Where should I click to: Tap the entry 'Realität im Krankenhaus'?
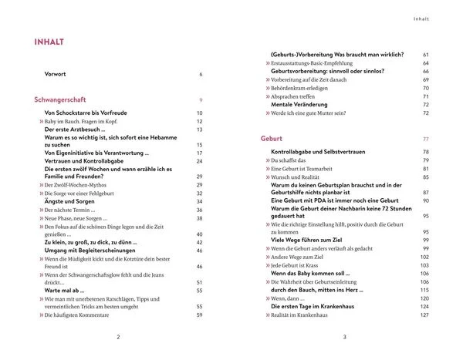302,315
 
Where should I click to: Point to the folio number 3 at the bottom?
345,338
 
